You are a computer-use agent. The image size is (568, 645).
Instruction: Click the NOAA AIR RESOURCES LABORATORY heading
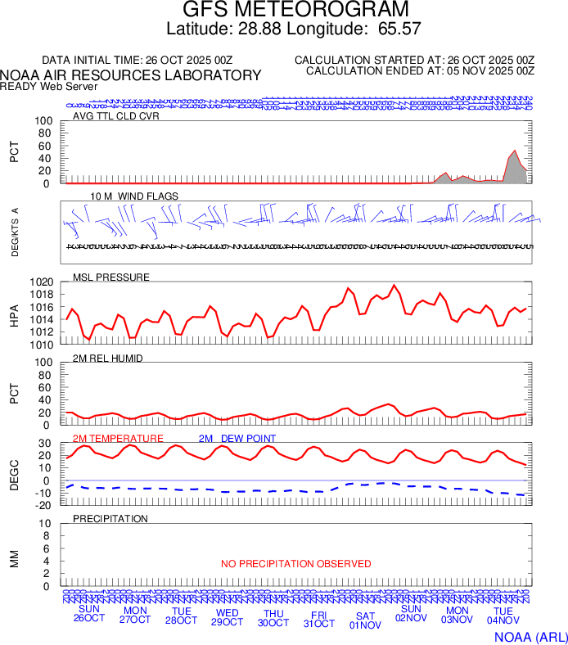click(x=131, y=75)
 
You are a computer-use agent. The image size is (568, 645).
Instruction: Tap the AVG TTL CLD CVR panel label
click(x=116, y=116)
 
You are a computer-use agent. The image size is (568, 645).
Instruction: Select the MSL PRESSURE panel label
click(x=111, y=277)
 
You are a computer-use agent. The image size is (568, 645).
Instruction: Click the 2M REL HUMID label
click(x=108, y=359)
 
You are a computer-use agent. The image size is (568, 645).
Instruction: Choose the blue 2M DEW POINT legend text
click(x=237, y=439)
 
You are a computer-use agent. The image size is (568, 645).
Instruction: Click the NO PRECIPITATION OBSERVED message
click(x=295, y=564)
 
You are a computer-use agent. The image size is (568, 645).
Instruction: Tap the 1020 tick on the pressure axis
click(x=41, y=282)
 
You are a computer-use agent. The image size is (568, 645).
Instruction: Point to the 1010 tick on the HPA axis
click(x=41, y=345)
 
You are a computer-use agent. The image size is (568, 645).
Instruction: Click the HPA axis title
click(x=14, y=313)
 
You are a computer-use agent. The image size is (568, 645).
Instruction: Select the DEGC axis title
click(x=14, y=472)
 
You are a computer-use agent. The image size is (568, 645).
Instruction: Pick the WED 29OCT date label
click(x=228, y=615)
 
